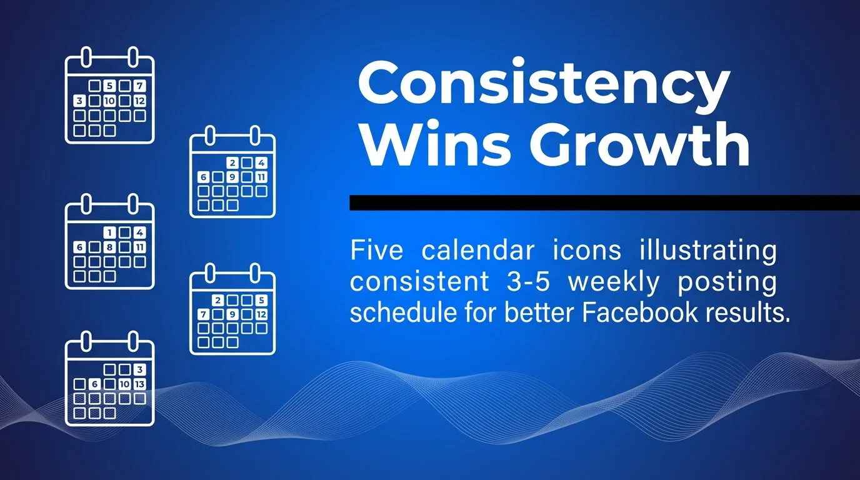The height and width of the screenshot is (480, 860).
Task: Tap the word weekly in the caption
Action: point(613,282)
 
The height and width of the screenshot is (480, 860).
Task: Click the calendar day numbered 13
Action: point(139,384)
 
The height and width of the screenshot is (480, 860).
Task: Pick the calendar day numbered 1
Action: point(109,232)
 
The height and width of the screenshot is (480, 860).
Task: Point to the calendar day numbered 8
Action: point(109,247)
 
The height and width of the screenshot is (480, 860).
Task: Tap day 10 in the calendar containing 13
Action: point(124,384)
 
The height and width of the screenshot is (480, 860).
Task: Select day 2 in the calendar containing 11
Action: point(232,163)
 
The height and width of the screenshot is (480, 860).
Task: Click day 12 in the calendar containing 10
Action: point(139,101)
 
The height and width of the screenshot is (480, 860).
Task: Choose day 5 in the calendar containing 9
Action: point(262,300)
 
